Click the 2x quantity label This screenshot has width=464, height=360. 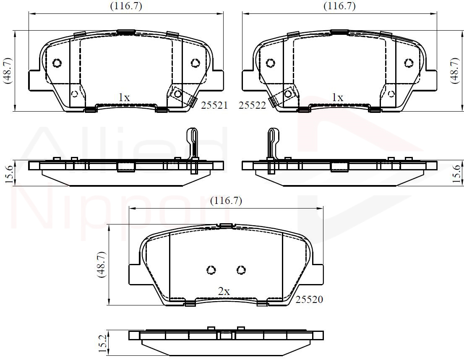(x=224, y=292)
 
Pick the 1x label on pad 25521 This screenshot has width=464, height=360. (x=124, y=97)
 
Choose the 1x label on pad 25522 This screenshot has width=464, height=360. (x=337, y=97)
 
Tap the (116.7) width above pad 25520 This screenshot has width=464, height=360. (x=226, y=201)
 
